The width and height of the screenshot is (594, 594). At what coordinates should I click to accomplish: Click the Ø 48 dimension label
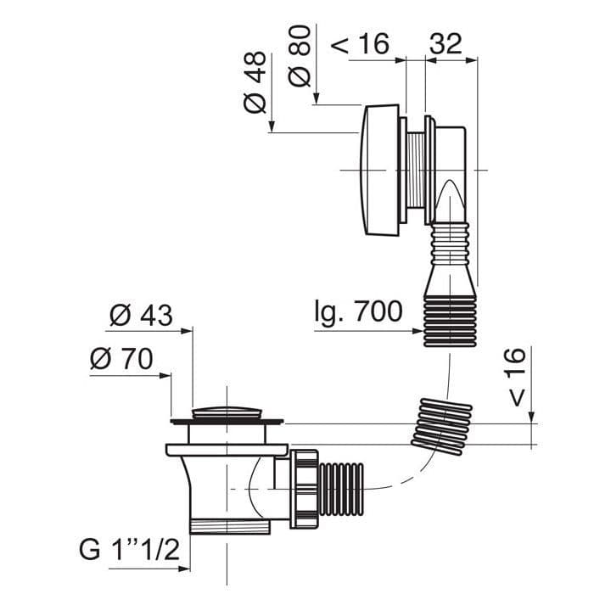(x=255, y=82)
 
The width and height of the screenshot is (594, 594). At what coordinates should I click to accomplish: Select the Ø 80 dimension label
(x=300, y=56)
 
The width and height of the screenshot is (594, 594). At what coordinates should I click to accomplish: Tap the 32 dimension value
(x=445, y=44)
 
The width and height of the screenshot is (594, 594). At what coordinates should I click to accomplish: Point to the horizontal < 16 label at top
(x=361, y=44)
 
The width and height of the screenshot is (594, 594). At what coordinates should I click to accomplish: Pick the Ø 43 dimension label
(x=141, y=315)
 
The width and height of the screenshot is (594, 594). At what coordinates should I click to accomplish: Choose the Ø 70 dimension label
(x=121, y=359)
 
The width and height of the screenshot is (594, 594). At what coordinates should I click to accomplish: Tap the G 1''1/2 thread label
(x=129, y=550)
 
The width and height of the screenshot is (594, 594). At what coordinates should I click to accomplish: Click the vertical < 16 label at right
(x=516, y=377)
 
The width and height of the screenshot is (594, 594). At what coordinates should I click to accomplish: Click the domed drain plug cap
(x=227, y=412)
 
